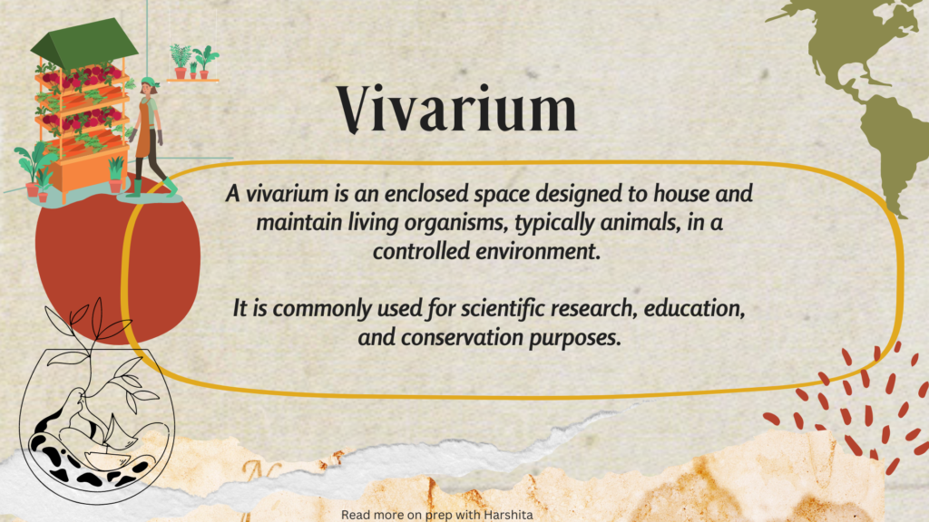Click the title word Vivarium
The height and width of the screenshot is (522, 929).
(x=457, y=109)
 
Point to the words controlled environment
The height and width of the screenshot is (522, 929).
(x=486, y=251)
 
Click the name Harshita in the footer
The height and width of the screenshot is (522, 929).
(x=508, y=515)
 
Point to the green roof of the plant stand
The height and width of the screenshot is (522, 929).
(x=83, y=43)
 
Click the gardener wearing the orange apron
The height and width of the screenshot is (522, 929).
(x=148, y=136)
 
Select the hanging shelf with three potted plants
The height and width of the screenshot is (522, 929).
(x=193, y=63)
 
